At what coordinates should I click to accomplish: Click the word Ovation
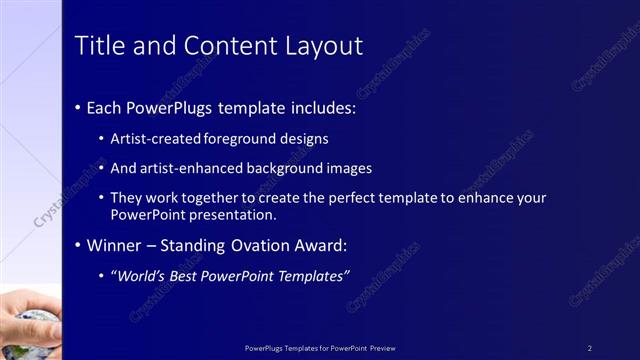pos(283,245)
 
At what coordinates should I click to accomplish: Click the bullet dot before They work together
pos(101,199)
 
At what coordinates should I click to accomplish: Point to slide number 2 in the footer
pos(590,348)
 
